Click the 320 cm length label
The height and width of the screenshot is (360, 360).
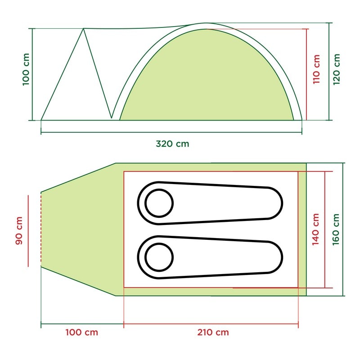(172, 144)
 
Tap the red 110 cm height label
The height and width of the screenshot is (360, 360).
(316, 69)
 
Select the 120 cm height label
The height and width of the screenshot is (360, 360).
(336, 69)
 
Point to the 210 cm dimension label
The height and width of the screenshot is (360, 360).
(212, 333)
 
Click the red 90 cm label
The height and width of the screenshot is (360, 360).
(19, 231)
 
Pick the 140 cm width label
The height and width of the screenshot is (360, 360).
(316, 229)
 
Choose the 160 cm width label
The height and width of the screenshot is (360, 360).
(336, 229)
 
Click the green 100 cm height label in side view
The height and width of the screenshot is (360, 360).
(26, 70)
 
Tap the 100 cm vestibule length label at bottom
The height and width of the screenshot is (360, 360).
(81, 333)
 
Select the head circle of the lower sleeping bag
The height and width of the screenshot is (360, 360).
(158, 257)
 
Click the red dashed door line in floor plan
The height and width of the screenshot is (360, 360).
(41, 229)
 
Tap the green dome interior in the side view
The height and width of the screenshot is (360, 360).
(207, 81)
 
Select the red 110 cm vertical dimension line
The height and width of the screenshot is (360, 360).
(306, 74)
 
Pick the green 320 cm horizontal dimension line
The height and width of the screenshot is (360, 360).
(171, 133)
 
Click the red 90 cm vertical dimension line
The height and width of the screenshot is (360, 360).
(28, 231)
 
